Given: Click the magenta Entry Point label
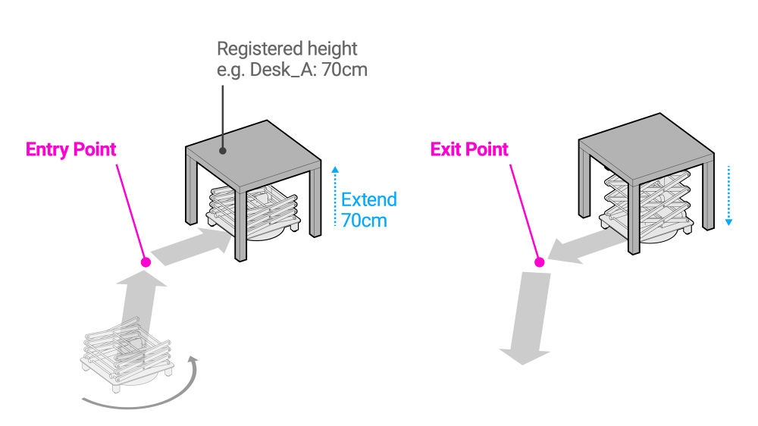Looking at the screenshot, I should click(71, 149).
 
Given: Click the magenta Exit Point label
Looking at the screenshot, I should click(469, 149).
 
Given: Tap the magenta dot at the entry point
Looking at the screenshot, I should click(146, 262).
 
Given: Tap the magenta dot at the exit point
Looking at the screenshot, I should click(540, 262).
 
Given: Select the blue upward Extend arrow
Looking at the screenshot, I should click(334, 195).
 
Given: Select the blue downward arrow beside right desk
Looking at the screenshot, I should click(728, 195).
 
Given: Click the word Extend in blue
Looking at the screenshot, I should click(368, 200).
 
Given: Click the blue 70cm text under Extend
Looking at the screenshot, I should click(364, 221).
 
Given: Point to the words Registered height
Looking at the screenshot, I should click(287, 49).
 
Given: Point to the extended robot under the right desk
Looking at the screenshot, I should click(648, 205).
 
